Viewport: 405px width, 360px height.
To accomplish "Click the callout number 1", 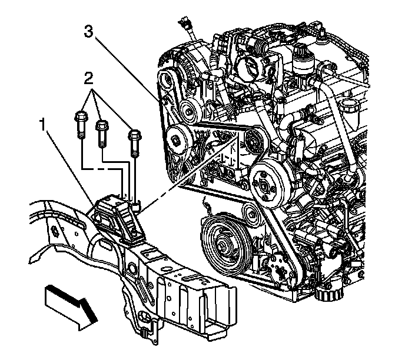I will (42, 125).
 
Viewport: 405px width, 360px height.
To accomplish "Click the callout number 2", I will (88, 78).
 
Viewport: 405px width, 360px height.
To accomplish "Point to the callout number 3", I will (88, 32).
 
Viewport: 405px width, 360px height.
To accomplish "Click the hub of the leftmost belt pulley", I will (175, 139).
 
